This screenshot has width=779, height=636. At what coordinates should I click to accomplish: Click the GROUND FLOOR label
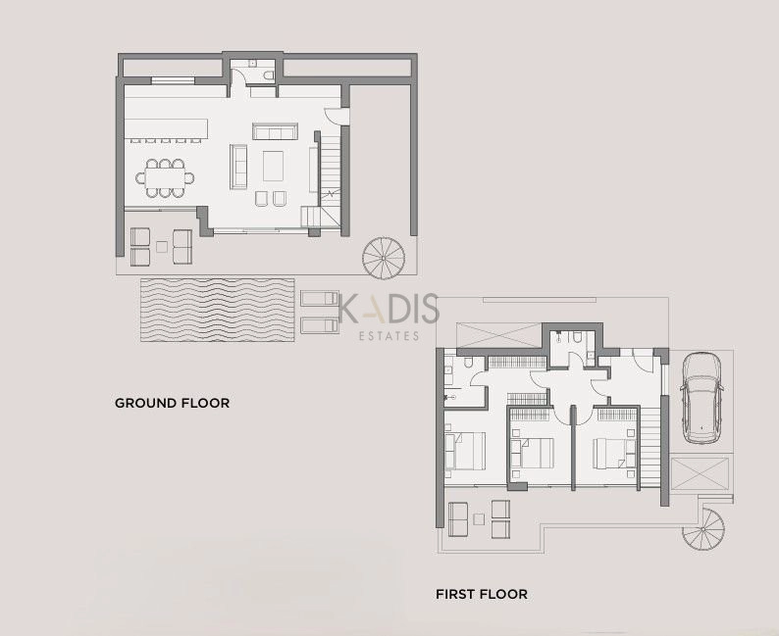172,403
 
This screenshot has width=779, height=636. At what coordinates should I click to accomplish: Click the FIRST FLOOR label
482,594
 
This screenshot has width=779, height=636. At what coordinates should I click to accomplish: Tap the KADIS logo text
389,309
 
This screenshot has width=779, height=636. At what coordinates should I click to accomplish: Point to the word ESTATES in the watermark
389,336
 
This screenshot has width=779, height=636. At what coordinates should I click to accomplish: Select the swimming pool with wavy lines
217,310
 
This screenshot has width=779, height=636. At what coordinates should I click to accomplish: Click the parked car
701,398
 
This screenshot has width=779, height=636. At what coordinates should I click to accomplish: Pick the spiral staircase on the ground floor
384,258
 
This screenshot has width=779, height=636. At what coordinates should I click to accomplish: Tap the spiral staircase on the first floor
703,529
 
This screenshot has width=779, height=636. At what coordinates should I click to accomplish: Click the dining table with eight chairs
165,178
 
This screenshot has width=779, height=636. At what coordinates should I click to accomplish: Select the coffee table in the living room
274,167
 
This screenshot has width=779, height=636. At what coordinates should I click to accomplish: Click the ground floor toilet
268,75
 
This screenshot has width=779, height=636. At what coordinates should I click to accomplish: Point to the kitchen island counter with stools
166,129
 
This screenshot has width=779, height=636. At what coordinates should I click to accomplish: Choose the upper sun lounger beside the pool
320,298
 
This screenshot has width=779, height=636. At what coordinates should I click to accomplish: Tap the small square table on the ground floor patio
162,247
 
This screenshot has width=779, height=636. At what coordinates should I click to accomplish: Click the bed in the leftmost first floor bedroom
465,451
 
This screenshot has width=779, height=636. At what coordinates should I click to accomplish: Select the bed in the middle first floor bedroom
532,453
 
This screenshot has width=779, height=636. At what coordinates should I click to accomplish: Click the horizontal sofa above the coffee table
275,131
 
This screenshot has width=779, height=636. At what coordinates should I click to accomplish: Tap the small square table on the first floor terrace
479,519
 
